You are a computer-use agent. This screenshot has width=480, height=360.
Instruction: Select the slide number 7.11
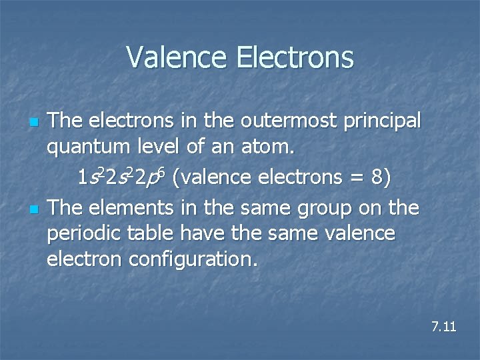(x=443, y=327)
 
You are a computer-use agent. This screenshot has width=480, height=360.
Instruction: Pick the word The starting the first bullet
(x=64, y=121)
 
